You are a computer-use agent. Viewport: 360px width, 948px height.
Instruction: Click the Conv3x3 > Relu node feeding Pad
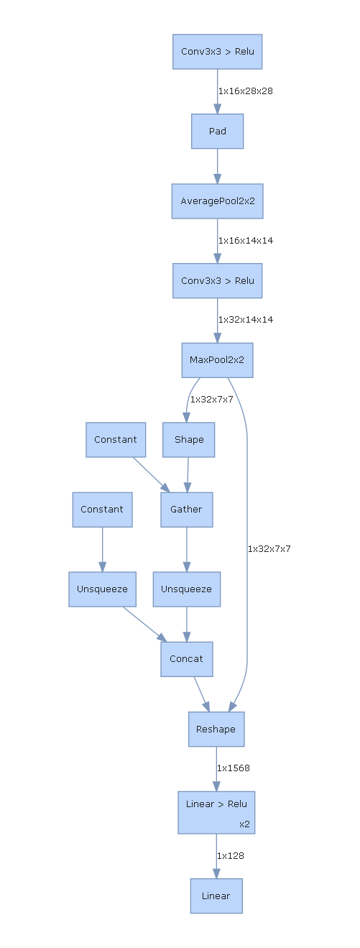pyautogui.click(x=217, y=52)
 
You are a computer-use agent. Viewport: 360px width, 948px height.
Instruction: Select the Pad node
pyautogui.click(x=217, y=132)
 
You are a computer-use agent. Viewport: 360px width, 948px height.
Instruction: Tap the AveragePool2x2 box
pyautogui.click(x=217, y=201)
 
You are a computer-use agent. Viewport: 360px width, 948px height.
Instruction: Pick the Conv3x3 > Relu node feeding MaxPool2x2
pyautogui.click(x=217, y=280)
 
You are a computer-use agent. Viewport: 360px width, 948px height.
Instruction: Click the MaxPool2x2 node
pyautogui.click(x=217, y=360)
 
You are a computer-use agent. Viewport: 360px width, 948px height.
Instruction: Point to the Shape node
pyautogui.click(x=188, y=440)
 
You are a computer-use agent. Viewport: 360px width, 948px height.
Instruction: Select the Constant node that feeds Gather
pyautogui.click(x=115, y=440)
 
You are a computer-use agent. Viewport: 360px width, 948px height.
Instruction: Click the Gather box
pyautogui.click(x=186, y=510)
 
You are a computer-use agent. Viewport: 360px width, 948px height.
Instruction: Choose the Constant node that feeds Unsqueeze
pyautogui.click(x=102, y=510)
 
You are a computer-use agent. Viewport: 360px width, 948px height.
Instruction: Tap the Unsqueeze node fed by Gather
pyautogui.click(x=186, y=589)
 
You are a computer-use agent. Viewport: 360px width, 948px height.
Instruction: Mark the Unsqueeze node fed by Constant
pyautogui.click(x=102, y=589)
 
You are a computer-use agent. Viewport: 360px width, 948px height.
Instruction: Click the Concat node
pyautogui.click(x=186, y=659)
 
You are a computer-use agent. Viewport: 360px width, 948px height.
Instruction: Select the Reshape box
pyautogui.click(x=216, y=730)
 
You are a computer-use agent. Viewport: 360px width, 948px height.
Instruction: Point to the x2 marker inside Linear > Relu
pyautogui.click(x=244, y=824)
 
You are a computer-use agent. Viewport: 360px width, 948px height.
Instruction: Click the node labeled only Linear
pyautogui.click(x=216, y=896)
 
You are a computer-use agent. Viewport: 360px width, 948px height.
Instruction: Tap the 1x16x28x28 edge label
pyautogui.click(x=245, y=91)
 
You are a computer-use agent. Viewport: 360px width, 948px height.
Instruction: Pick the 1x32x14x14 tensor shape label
pyautogui.click(x=245, y=320)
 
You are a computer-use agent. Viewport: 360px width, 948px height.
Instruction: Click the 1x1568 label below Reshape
pyautogui.click(x=233, y=768)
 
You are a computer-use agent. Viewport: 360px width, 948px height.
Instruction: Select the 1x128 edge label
pyautogui.click(x=230, y=856)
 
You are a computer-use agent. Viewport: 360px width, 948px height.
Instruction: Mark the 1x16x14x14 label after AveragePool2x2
pyautogui.click(x=245, y=241)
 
